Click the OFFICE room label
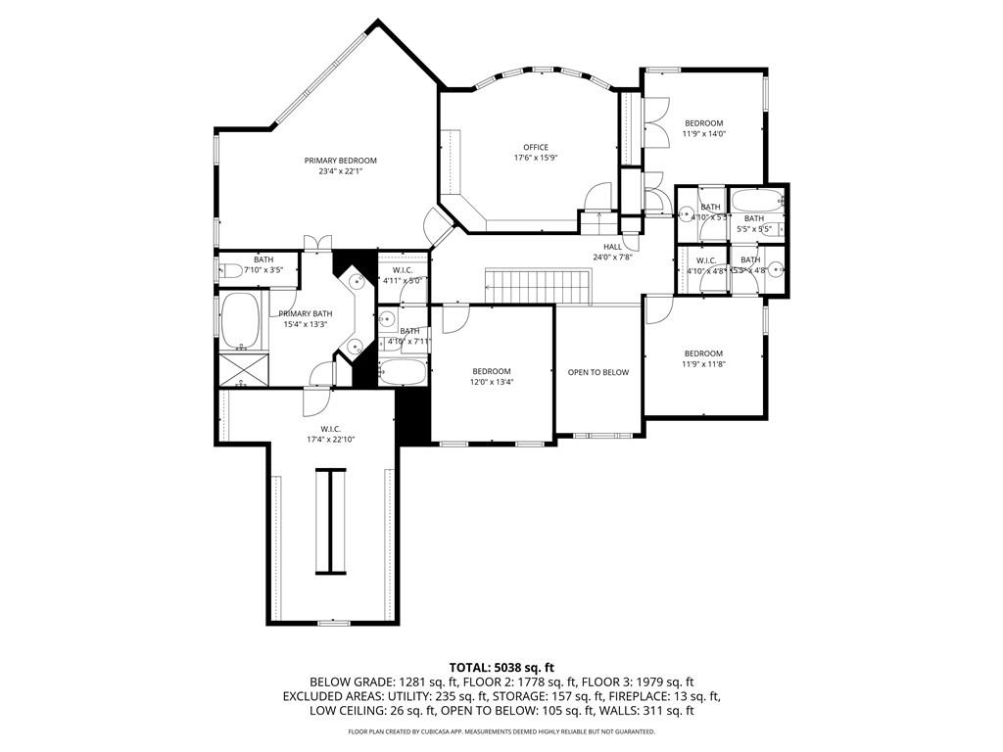535,147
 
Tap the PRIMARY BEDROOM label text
340,161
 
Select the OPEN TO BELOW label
597,372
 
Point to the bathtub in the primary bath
240,321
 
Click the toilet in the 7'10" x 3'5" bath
232,271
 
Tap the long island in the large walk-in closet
330,520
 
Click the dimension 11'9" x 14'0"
703,134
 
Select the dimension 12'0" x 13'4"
492,382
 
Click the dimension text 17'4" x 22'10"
330,439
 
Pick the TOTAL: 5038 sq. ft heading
501,667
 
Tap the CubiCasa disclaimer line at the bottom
501,731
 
